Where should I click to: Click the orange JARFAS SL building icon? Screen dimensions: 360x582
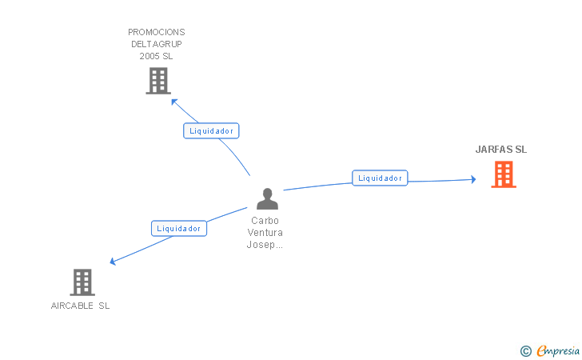(503, 174)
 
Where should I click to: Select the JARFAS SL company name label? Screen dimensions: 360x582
(501, 150)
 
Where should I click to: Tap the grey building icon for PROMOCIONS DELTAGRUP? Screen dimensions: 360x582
(158, 81)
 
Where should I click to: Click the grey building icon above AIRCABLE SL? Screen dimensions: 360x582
(82, 282)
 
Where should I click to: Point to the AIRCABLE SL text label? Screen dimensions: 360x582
(80, 306)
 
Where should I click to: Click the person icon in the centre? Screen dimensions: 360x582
(267, 198)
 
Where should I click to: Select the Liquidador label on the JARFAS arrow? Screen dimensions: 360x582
(380, 178)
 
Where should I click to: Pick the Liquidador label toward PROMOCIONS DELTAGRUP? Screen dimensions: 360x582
(211, 130)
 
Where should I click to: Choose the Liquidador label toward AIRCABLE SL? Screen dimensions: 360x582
(179, 228)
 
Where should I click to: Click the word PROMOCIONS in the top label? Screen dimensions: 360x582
(157, 33)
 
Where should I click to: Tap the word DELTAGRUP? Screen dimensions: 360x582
(157, 45)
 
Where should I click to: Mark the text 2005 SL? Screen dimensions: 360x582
(157, 57)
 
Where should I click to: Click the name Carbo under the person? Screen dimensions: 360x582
(265, 221)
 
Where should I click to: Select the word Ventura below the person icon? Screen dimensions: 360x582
(265, 233)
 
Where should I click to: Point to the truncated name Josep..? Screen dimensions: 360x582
(265, 245)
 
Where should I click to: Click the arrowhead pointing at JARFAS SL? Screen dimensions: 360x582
(473, 180)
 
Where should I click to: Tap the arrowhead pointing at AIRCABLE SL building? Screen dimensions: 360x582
(113, 262)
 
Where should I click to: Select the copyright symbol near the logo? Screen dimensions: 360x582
(525, 350)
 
